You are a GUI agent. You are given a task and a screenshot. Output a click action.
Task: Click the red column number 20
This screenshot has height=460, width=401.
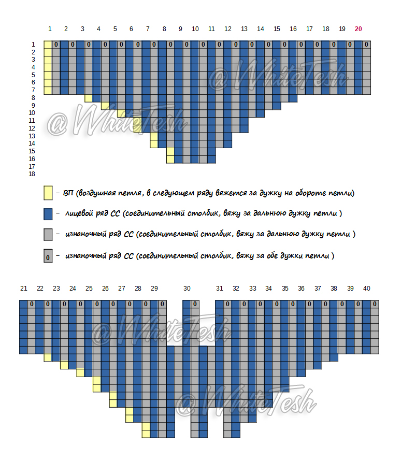(x=358, y=29)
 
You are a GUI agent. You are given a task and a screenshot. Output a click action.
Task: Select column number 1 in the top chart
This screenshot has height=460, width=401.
(x=50, y=29)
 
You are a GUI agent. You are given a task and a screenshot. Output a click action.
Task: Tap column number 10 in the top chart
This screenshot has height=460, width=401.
(x=195, y=29)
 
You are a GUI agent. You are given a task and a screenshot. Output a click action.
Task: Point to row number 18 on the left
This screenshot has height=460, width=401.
(x=32, y=174)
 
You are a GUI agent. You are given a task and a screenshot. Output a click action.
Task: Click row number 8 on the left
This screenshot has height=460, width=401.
(x=33, y=98)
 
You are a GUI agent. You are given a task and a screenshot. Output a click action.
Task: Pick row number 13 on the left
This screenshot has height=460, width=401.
(x=32, y=136)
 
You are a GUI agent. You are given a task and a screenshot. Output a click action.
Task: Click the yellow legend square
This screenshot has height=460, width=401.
(x=48, y=193)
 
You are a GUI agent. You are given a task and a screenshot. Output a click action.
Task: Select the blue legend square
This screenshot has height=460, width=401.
(x=48, y=214)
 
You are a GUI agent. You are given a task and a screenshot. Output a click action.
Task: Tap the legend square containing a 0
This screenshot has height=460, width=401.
(x=48, y=256)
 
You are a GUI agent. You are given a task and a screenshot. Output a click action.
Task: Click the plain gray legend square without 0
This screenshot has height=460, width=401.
(x=48, y=235)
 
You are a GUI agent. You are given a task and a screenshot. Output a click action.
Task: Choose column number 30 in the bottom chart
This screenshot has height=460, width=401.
(x=187, y=289)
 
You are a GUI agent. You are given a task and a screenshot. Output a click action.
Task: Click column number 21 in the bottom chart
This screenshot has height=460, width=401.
(x=24, y=289)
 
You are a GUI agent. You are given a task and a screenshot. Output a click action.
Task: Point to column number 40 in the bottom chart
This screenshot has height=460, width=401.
(x=367, y=289)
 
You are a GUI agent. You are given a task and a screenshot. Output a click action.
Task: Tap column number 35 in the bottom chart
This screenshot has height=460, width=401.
(x=285, y=289)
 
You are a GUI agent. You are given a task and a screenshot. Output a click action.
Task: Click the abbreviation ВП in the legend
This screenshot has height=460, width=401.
(x=68, y=193)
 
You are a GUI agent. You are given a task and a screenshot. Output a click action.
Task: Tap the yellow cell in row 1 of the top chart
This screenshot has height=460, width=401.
(x=48, y=45)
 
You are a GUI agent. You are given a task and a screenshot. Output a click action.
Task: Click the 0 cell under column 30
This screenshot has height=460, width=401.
(x=195, y=304)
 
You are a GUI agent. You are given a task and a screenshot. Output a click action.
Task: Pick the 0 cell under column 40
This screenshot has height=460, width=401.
(x=375, y=304)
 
